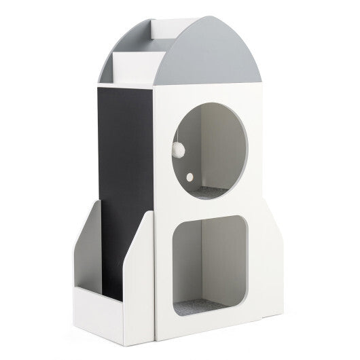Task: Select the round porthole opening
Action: click(208, 146)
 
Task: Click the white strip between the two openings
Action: click(211, 207)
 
